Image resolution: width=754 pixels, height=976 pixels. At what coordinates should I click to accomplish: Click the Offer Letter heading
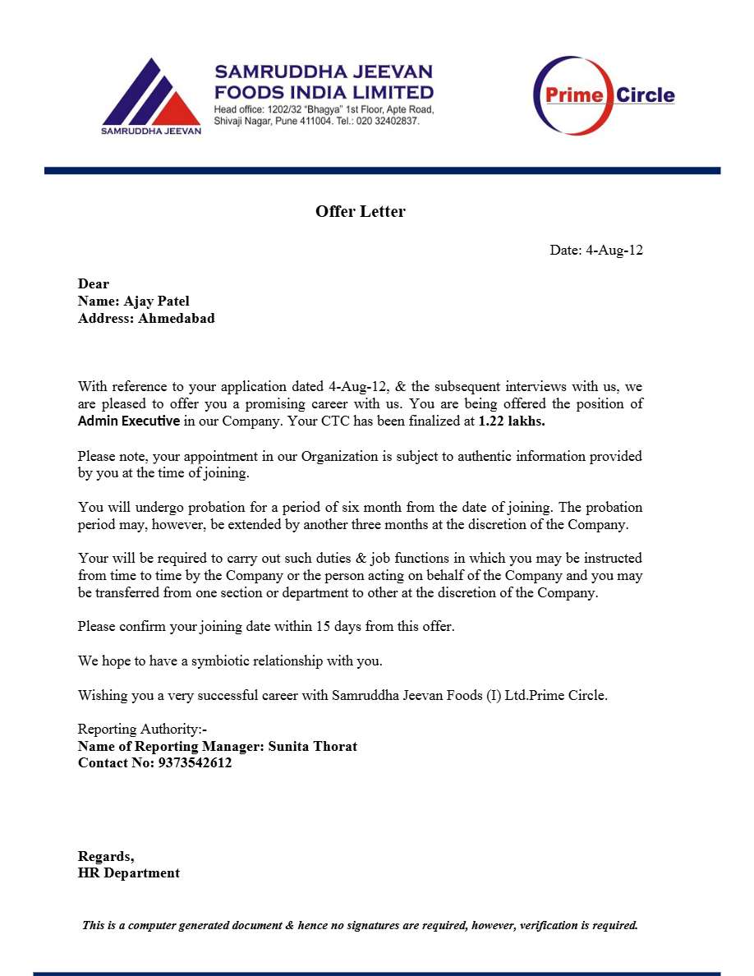click(x=360, y=212)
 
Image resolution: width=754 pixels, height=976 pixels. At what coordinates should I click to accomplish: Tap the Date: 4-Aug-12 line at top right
click(x=595, y=251)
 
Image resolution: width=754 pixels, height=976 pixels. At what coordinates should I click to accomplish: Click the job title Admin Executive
click(x=128, y=421)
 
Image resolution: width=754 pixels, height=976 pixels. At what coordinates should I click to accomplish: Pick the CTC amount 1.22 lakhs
click(x=512, y=421)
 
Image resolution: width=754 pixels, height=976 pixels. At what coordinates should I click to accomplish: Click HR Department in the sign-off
click(x=129, y=873)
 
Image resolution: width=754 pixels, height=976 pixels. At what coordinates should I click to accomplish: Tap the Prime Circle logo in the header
click(x=604, y=95)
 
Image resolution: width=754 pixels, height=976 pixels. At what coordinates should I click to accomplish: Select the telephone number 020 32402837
click(x=387, y=121)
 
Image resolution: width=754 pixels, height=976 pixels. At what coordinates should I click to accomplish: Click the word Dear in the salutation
click(x=94, y=284)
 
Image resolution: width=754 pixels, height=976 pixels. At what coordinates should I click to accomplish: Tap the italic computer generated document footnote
click(x=360, y=925)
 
